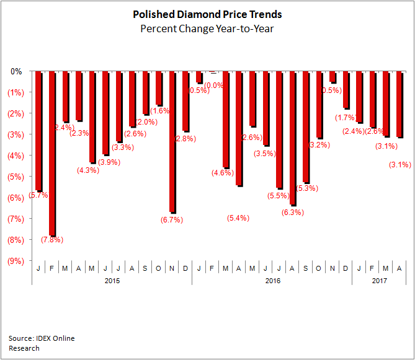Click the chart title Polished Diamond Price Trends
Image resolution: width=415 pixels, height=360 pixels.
click(x=207, y=14)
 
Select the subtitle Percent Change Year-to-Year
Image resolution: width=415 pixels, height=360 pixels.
click(x=207, y=28)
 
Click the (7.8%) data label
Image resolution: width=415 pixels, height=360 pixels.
click(x=52, y=240)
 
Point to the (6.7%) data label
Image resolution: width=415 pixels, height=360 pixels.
click(x=172, y=219)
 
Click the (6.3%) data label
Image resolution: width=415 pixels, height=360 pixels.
click(x=292, y=213)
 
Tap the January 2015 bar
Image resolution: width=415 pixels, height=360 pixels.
click(x=38, y=131)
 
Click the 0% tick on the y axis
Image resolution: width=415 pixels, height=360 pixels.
click(x=16, y=71)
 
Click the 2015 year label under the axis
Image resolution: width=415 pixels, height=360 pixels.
click(x=112, y=281)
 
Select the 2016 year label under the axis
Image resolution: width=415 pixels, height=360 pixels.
click(x=272, y=281)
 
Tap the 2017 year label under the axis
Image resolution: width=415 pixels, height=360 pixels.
click(x=379, y=281)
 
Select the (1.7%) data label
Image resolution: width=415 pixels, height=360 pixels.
click(x=346, y=118)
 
